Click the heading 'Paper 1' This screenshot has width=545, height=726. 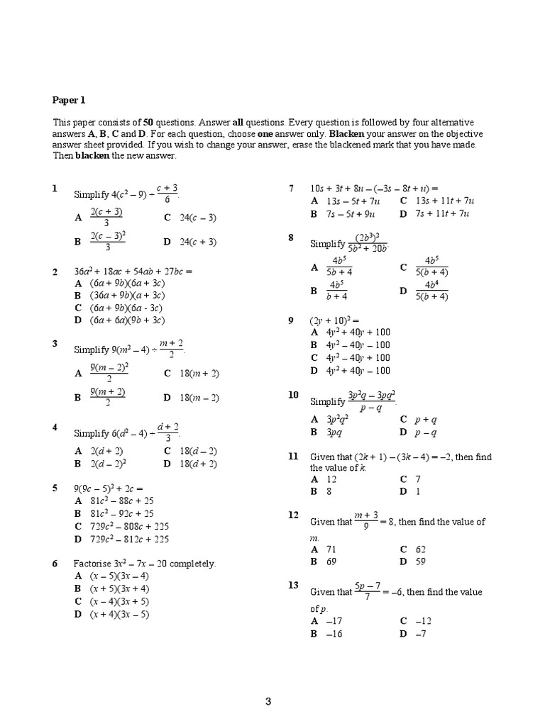pyautogui.click(x=69, y=101)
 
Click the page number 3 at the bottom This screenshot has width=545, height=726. pyautogui.click(x=268, y=702)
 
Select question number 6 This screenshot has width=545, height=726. pyautogui.click(x=55, y=563)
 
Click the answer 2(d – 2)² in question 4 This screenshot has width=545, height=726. pyautogui.click(x=108, y=464)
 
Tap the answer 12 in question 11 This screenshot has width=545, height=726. pyautogui.click(x=332, y=480)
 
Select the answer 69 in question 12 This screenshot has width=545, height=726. pyautogui.click(x=333, y=561)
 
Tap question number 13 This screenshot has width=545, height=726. pyautogui.click(x=293, y=585)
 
